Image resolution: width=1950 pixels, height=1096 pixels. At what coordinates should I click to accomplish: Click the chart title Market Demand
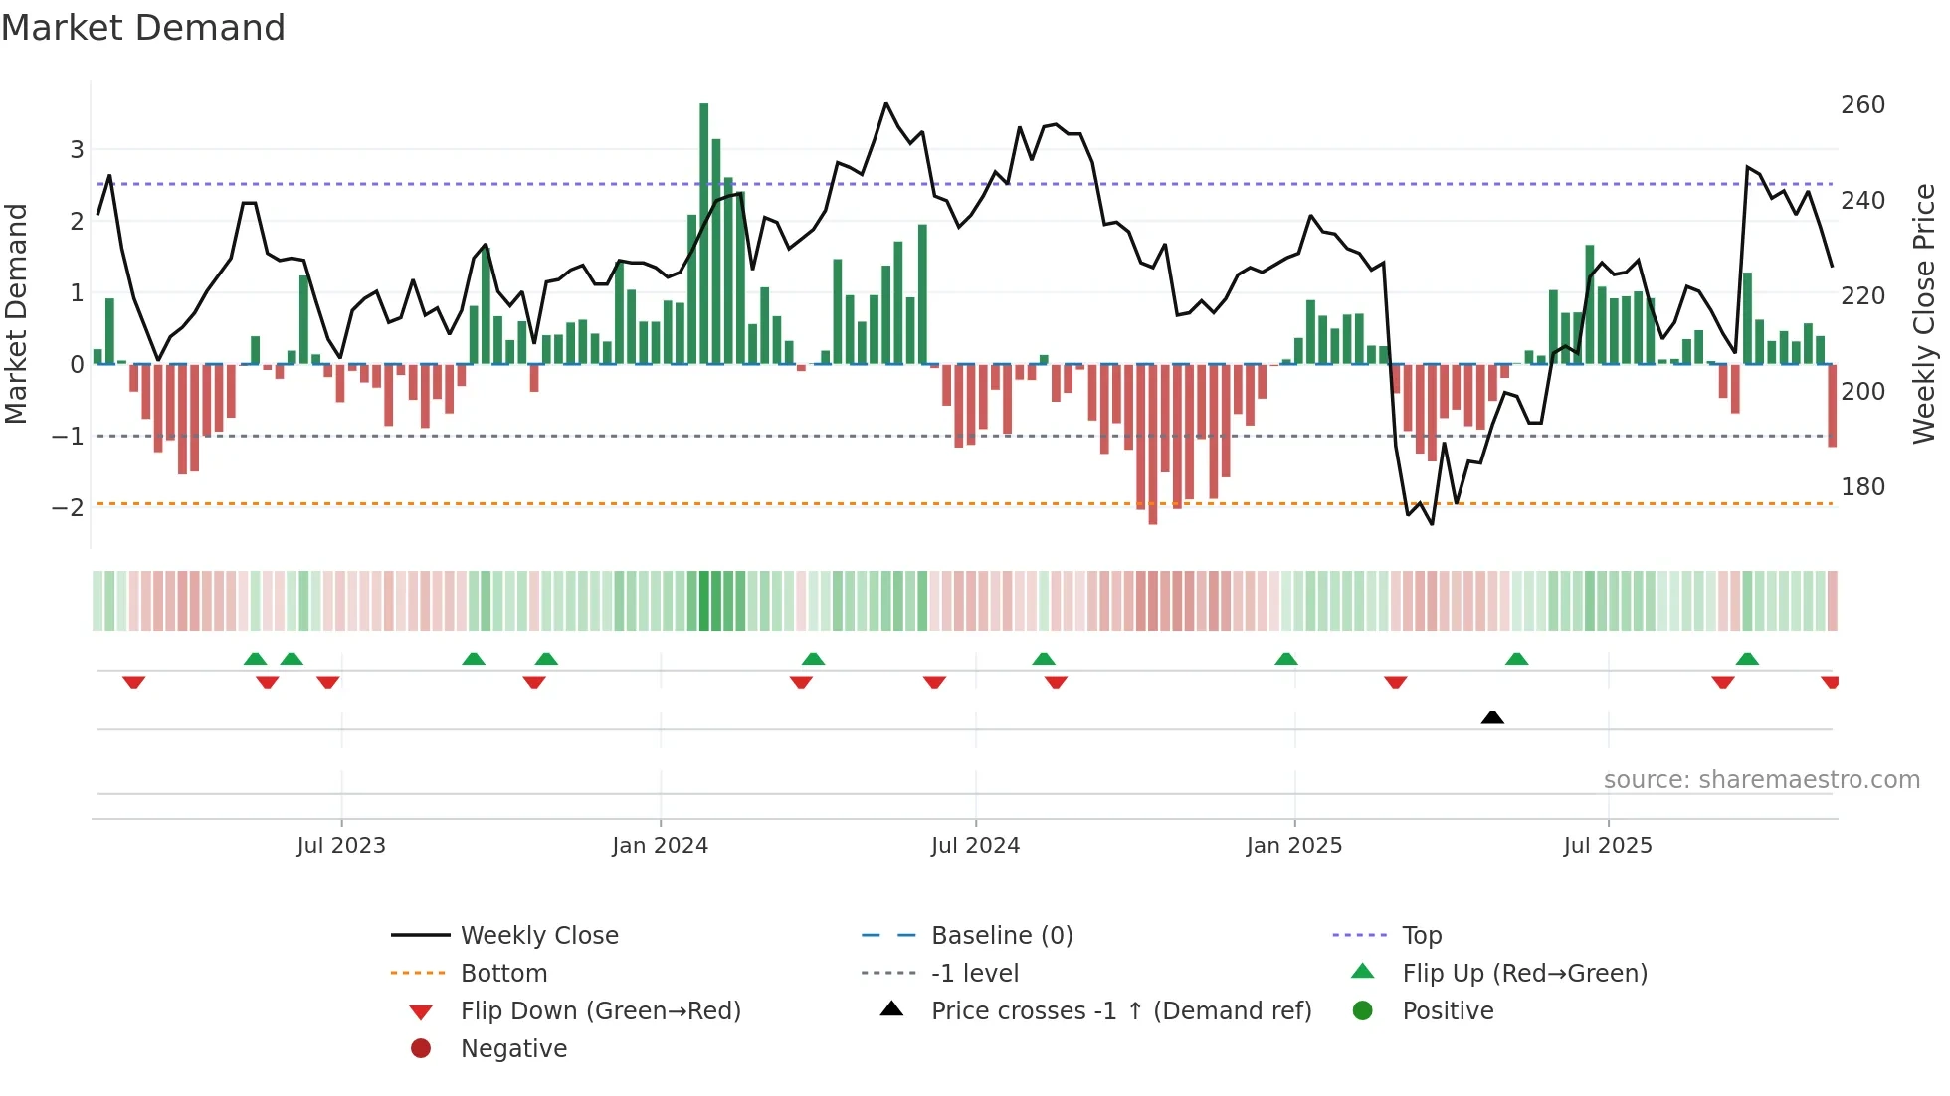pos(143,28)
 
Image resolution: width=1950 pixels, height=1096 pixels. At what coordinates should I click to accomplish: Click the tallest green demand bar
pos(703,234)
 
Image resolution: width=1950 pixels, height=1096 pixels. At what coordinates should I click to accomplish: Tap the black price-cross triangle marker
pos(1492,717)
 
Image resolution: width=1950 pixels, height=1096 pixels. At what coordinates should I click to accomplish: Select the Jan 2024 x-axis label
pos(660,846)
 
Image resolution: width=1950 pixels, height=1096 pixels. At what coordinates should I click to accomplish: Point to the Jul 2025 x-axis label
pos(1607,846)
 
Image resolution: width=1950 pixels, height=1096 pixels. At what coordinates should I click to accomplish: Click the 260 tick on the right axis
pos(1862,105)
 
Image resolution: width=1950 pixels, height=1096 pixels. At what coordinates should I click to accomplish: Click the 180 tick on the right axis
pos(1862,487)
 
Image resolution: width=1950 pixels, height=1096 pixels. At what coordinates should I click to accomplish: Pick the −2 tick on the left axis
pos(68,508)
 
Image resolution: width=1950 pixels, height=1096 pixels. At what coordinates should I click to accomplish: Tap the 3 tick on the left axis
pos(77,150)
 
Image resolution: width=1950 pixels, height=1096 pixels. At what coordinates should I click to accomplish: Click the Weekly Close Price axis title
pos(1924,313)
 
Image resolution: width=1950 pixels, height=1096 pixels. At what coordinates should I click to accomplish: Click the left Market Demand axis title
pos(17,313)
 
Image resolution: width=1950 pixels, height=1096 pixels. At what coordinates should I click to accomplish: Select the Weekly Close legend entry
pos(538,936)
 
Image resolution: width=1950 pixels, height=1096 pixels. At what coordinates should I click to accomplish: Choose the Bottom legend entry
pos(503,974)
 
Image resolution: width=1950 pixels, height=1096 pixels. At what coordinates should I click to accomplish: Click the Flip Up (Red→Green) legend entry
pos(1524,974)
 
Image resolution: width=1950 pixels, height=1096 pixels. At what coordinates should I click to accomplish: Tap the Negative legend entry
pos(513,1049)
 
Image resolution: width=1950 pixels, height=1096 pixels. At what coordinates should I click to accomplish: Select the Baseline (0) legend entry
pos(1001,936)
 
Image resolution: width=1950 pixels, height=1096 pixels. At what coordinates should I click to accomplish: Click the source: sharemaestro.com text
pos(1761,780)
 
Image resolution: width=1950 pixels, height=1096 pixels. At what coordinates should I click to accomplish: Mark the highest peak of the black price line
pos(885,103)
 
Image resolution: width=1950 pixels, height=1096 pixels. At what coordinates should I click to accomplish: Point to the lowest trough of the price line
pos(1432,524)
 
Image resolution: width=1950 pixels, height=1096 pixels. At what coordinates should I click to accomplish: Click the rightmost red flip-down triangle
pos(1830,682)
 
